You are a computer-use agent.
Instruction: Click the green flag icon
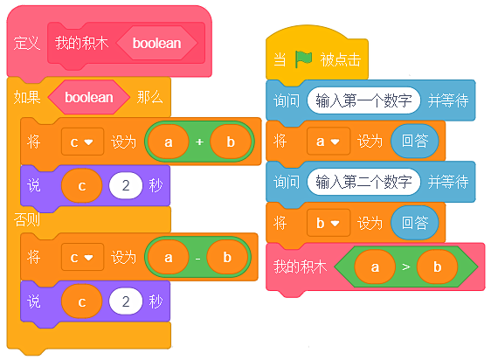[303, 59]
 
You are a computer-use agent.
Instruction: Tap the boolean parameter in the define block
[157, 43]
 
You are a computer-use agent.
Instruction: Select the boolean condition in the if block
[89, 97]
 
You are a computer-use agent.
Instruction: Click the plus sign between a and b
[199, 142]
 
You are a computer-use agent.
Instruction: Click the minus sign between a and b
[198, 259]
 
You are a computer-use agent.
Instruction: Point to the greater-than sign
[406, 267]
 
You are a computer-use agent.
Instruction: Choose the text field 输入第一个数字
[363, 100]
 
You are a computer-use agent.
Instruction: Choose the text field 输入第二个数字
[363, 182]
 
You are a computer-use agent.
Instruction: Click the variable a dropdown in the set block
[328, 142]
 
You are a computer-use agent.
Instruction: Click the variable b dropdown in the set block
[328, 223]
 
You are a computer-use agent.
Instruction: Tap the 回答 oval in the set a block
[415, 141]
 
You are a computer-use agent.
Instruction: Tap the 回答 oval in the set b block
[415, 223]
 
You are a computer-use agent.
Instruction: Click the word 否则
[27, 219]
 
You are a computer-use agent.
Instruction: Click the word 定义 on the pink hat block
[27, 43]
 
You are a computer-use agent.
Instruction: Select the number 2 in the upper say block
[126, 185]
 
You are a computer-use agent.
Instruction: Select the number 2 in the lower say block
[126, 301]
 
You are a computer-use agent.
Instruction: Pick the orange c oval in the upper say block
[82, 185]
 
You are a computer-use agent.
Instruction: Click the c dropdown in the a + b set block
[82, 142]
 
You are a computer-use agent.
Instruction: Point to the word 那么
[150, 97]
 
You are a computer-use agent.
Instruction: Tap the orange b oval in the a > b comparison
[437, 267]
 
